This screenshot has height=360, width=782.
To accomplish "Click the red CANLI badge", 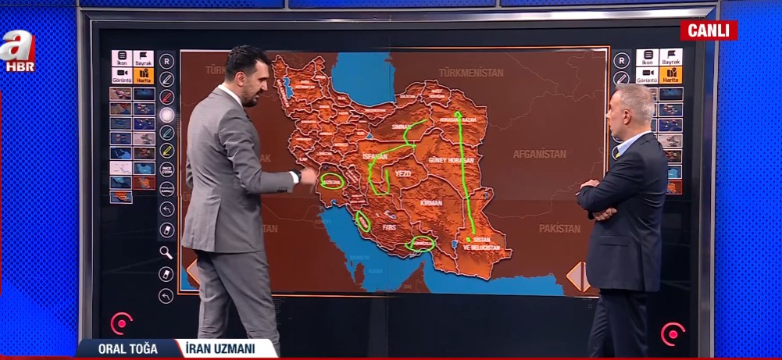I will [709, 30].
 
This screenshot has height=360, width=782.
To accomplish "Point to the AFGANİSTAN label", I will [539, 154].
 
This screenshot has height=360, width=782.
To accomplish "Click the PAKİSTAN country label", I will [559, 229].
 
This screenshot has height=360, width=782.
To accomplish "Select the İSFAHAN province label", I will [375, 157].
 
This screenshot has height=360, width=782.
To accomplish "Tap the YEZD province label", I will [403, 173].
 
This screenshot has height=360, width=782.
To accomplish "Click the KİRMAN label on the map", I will [431, 202].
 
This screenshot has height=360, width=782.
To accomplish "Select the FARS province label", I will [389, 227].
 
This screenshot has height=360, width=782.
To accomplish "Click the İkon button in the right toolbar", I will [647, 58].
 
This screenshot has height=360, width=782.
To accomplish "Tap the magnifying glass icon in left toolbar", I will [166, 251].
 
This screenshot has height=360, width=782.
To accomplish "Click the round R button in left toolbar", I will [166, 61].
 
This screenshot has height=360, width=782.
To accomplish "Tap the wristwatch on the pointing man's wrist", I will [298, 176].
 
